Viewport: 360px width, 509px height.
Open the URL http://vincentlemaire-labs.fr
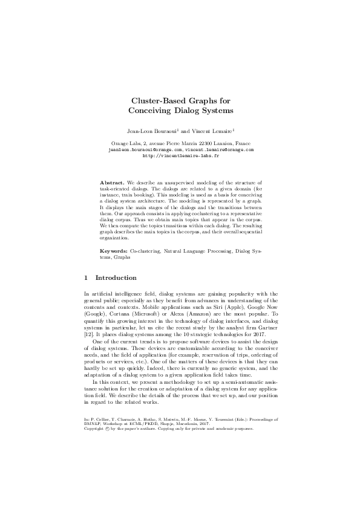[x=180, y=155]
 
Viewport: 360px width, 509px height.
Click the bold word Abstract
[x=112, y=182]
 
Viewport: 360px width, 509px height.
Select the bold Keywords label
[x=113, y=250]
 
